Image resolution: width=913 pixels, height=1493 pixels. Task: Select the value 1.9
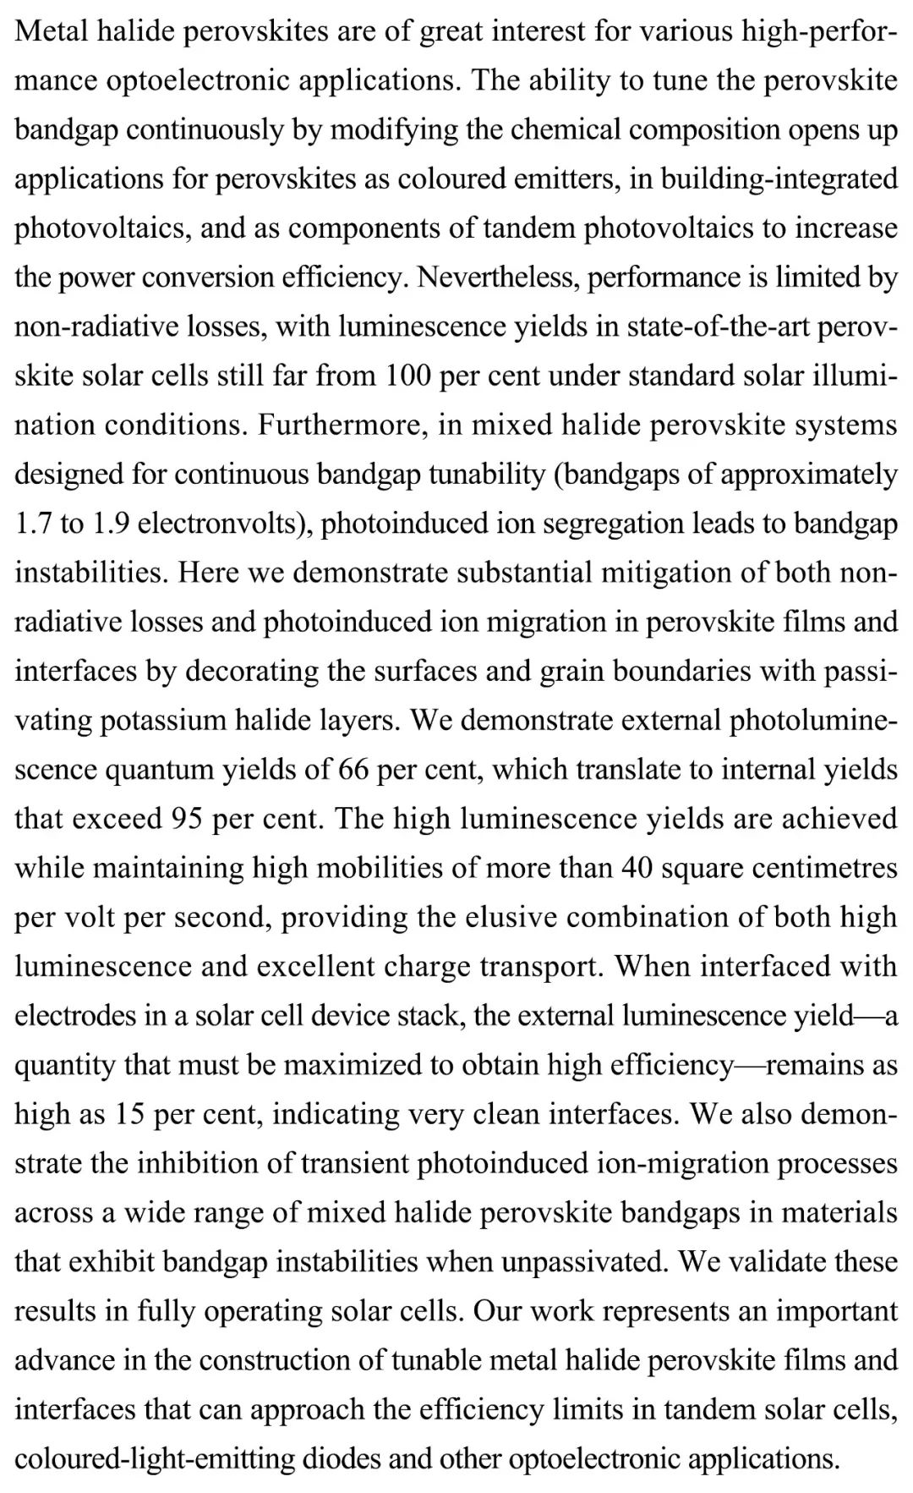click(x=110, y=524)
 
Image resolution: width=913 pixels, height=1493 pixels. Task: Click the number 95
click(x=188, y=818)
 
